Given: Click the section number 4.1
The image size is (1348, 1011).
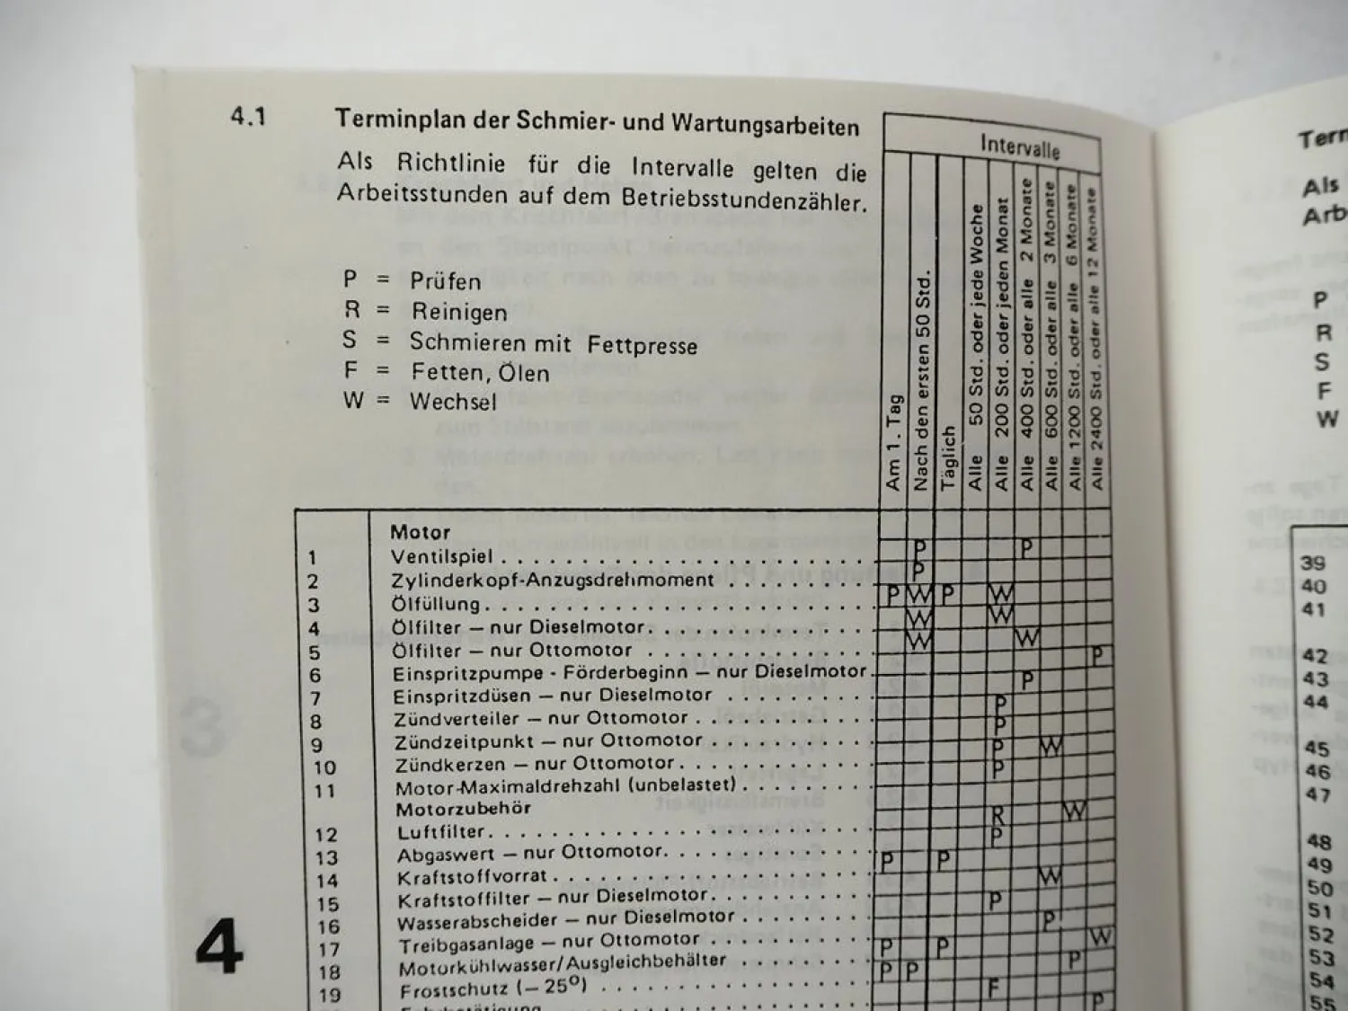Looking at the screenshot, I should coord(248,117).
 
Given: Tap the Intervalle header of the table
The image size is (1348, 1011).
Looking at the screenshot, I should coord(1019,145).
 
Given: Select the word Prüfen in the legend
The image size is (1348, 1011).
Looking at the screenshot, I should coord(445,281).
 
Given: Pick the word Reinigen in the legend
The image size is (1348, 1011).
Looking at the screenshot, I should coord(459,312).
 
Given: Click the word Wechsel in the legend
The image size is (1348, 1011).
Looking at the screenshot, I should coord(453,401).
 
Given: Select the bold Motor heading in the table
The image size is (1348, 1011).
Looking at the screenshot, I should coord(420,532).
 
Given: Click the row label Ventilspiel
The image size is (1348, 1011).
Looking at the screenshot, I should coord(442,556).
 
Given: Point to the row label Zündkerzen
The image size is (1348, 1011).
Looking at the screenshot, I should coord(444,766).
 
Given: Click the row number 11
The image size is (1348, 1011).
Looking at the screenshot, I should coord(324,791).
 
